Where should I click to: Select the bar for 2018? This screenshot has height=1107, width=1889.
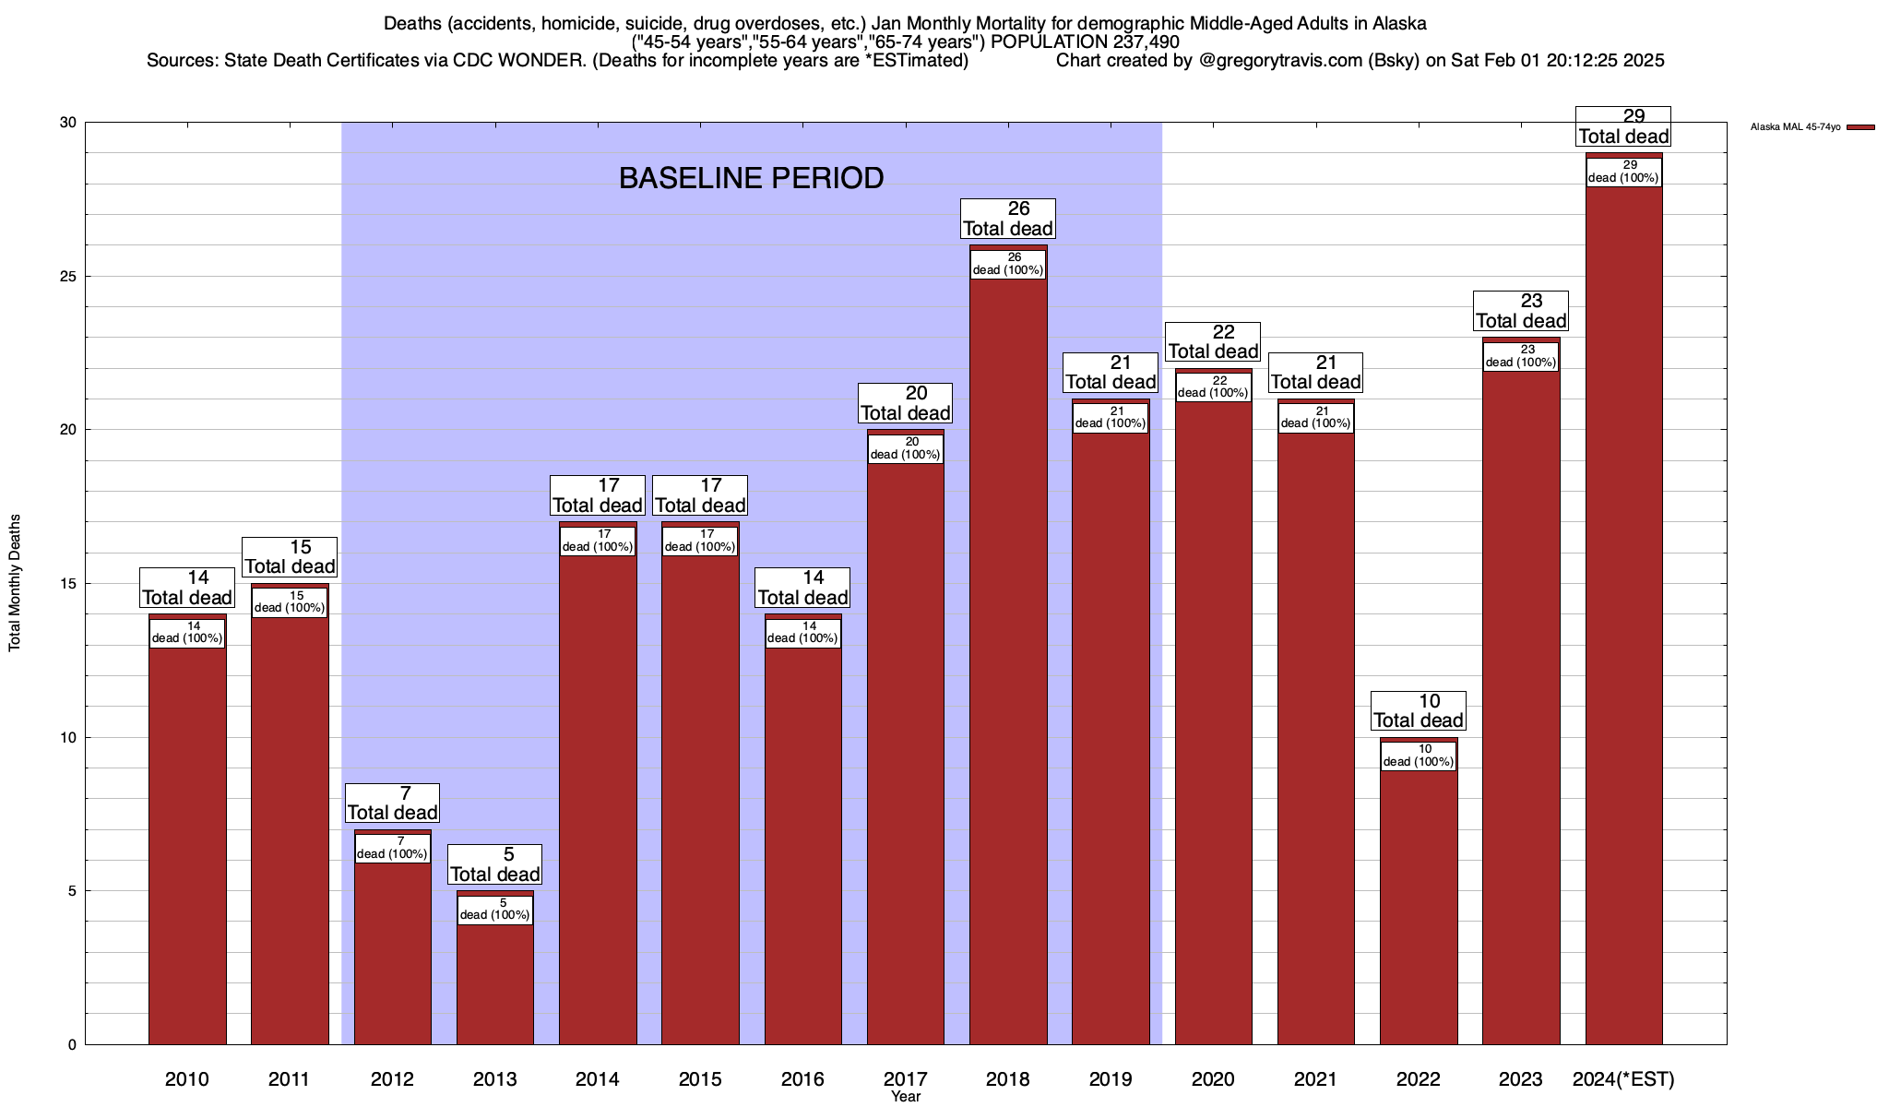1008,664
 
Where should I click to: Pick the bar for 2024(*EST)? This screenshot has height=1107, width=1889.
1623,618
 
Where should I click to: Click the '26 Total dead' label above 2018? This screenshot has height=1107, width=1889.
1008,220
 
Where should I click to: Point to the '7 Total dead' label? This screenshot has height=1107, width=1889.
392,803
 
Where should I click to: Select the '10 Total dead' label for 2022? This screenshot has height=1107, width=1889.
1419,711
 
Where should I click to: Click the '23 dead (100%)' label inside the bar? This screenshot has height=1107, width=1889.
1521,356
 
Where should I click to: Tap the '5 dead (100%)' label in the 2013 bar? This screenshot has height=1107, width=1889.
494,910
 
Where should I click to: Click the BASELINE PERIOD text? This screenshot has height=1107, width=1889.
751,178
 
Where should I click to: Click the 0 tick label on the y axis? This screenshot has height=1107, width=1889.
72,1044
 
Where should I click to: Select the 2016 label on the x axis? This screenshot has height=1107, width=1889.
802,1079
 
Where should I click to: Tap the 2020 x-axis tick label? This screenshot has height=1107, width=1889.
1213,1079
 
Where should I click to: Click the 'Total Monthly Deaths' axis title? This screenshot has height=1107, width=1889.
15,583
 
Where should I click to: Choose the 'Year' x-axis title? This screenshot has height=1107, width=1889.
906,1097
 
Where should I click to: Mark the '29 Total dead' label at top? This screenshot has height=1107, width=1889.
1623,127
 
